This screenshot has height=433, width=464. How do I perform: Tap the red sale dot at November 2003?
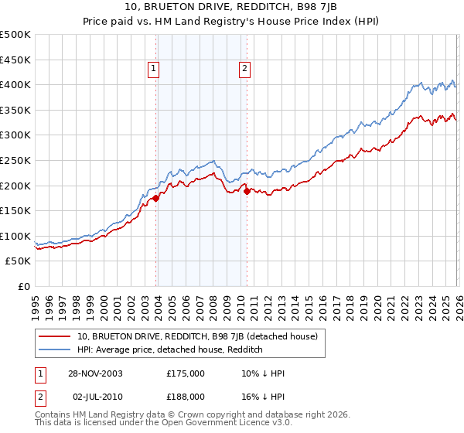click(156, 198)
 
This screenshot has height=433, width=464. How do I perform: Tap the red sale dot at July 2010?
click(247, 191)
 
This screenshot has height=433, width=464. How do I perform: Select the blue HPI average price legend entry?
click(170, 350)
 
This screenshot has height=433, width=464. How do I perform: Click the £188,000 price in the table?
click(185, 396)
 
